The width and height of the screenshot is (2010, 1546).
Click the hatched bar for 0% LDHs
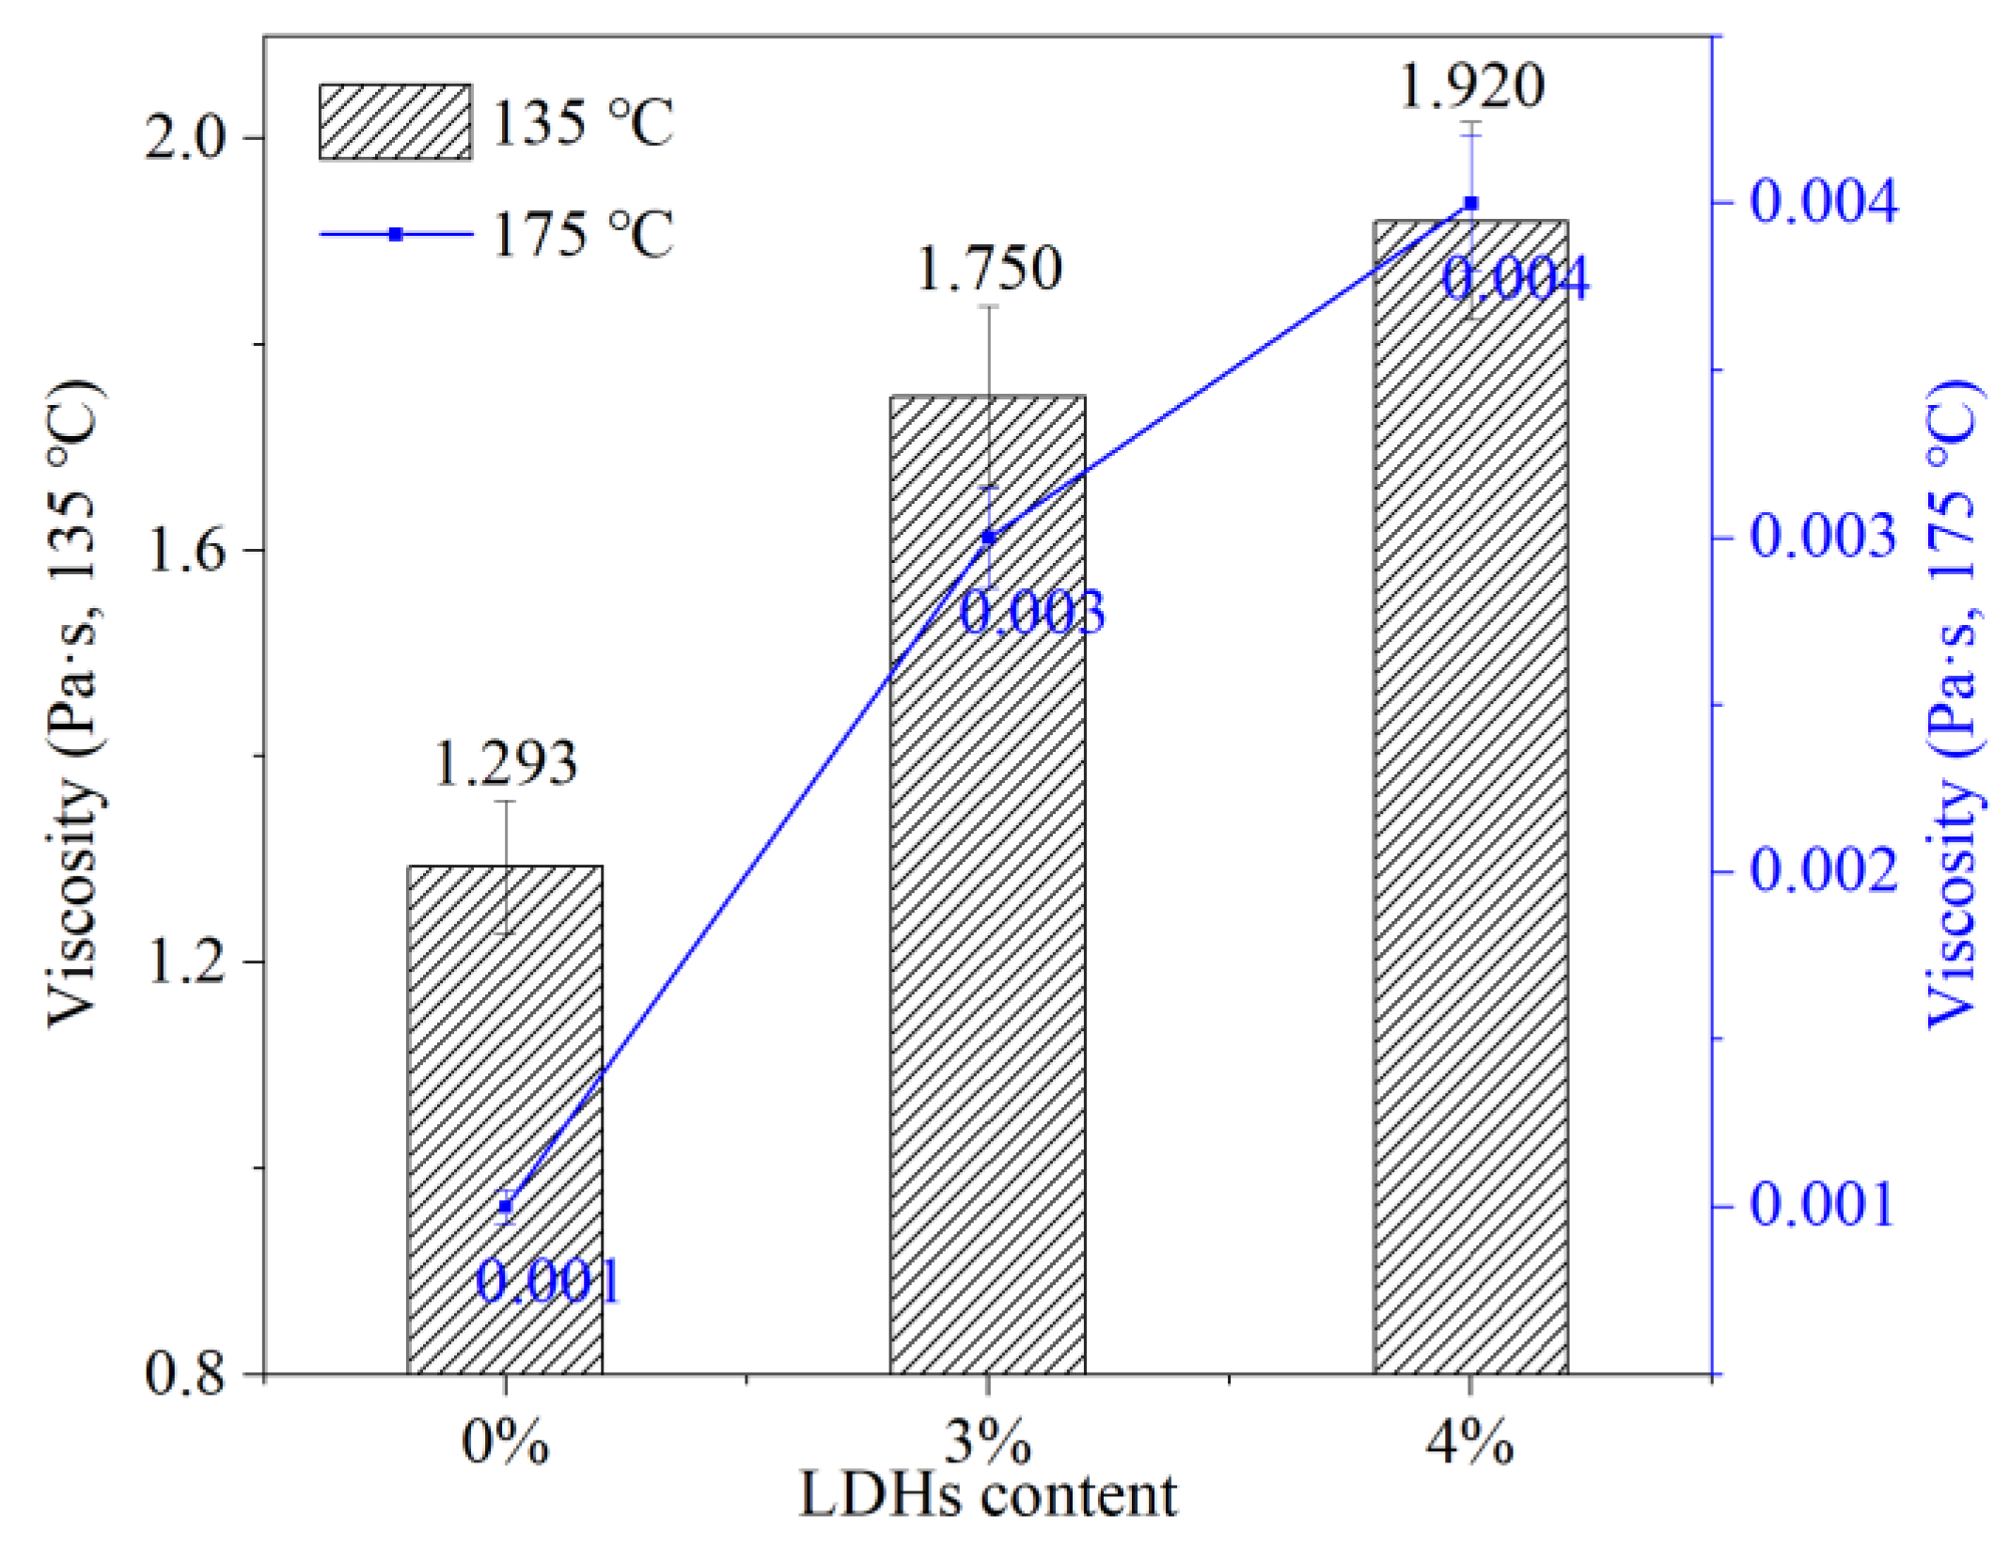click(x=505, y=1118)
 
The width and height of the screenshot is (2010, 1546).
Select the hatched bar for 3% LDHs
click(x=987, y=883)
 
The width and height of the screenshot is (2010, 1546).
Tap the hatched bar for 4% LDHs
click(x=1470, y=799)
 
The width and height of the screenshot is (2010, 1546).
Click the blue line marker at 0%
click(x=506, y=1206)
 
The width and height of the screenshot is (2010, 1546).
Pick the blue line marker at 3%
click(x=988, y=538)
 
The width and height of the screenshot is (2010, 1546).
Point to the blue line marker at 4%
click(x=1471, y=203)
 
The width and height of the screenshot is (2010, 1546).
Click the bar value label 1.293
click(x=505, y=763)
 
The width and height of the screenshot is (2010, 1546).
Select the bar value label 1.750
click(x=989, y=269)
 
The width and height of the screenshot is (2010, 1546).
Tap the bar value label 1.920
click(x=1471, y=86)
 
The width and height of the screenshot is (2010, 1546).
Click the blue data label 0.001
click(x=548, y=1281)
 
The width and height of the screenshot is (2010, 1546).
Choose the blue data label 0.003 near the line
click(x=1031, y=613)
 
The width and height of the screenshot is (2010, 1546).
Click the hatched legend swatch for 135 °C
click(x=395, y=122)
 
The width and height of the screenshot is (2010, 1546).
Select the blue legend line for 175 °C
click(x=396, y=234)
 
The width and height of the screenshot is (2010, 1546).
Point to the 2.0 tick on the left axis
click(x=186, y=139)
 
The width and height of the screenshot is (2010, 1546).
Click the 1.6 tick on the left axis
click(x=186, y=551)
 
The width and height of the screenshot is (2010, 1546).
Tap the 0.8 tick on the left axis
click(x=186, y=1374)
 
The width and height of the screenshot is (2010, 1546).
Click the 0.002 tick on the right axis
click(x=1822, y=871)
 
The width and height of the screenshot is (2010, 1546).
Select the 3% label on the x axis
click(x=987, y=1442)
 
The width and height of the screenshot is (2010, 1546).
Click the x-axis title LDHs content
click(x=987, y=1497)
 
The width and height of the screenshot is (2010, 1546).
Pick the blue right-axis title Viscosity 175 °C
click(x=1954, y=705)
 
